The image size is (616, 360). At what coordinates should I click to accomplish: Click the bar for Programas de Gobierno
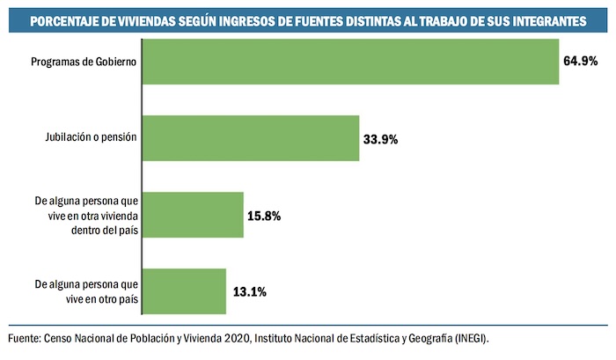350,62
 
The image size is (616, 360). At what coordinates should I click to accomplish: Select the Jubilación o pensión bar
250,138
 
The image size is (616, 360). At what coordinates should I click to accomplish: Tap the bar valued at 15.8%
192,215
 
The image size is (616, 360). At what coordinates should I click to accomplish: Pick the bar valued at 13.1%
183,291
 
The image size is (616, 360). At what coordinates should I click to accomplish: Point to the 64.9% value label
581,62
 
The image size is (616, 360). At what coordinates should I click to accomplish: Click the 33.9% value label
381,139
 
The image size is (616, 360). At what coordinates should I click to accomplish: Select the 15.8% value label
264,215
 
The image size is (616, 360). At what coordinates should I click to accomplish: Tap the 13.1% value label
247,291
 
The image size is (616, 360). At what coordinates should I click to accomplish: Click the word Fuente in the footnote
24,339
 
